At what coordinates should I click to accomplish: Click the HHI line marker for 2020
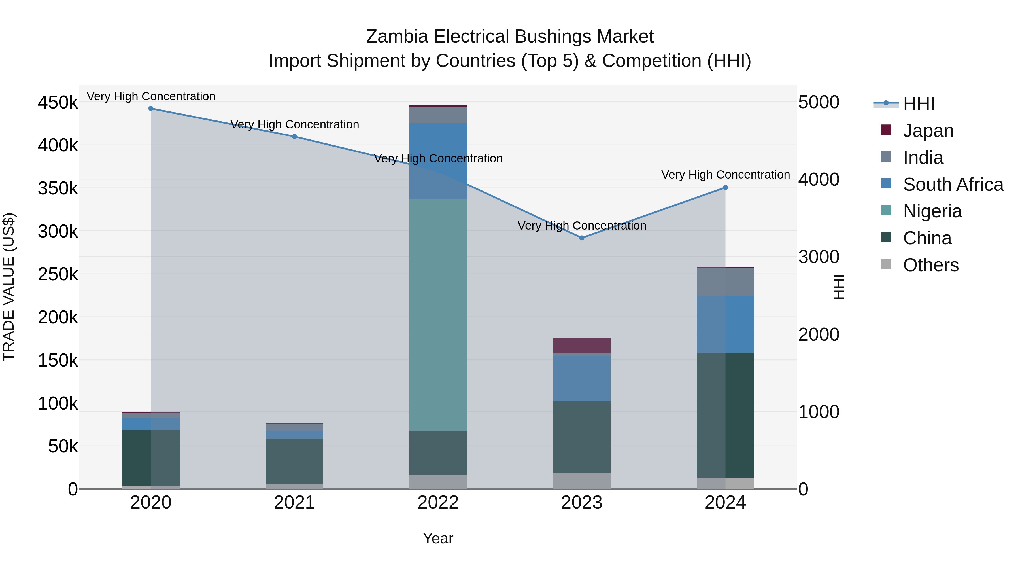pos(151,109)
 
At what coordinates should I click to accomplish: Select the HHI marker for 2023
pos(582,238)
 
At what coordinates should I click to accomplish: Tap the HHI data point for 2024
pos(725,188)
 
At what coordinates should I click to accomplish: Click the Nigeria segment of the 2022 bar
pos(438,315)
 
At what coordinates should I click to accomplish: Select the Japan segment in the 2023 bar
pos(582,345)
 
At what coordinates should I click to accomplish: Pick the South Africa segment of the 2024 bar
pos(725,324)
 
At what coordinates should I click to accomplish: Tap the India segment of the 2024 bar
pos(725,282)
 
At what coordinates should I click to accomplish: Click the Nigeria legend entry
pos(932,211)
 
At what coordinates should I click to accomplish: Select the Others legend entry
pos(930,265)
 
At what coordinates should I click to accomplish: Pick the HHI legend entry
pos(919,104)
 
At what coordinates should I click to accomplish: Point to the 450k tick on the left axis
pos(58,103)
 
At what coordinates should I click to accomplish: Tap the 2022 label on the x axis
pos(438,503)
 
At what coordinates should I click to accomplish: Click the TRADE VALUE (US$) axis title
pos(9,287)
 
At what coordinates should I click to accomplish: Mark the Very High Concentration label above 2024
pos(725,175)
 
